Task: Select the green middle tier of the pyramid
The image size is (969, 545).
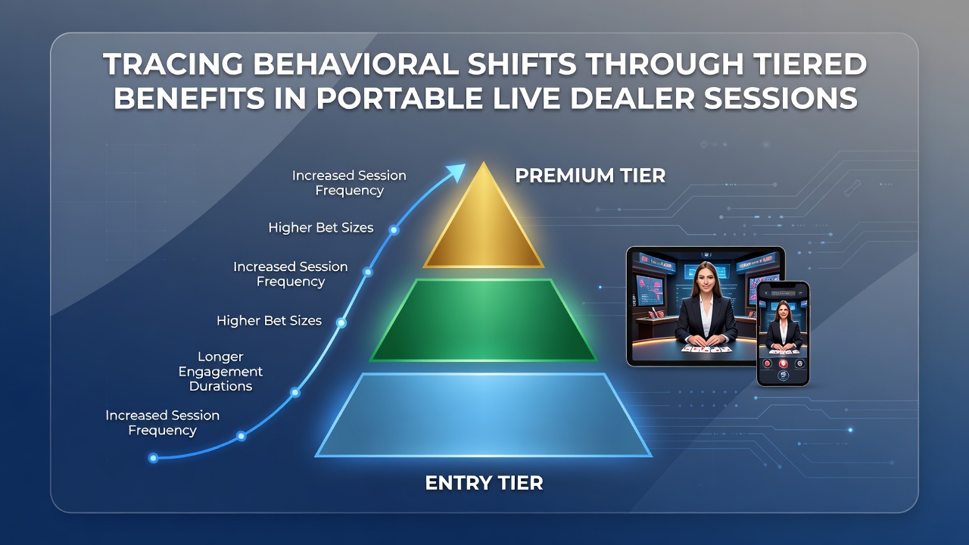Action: tap(483, 320)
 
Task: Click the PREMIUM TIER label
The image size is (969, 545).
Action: tap(590, 176)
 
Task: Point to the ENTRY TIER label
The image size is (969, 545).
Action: tap(484, 483)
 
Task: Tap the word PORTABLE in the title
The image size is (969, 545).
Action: tap(400, 98)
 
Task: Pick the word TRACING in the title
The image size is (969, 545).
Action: tap(173, 64)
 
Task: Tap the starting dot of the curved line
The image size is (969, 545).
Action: tap(153, 458)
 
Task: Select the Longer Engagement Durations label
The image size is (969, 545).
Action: tap(220, 372)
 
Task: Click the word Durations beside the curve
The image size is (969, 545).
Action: tap(220, 386)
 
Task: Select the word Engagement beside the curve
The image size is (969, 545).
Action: tap(220, 372)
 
